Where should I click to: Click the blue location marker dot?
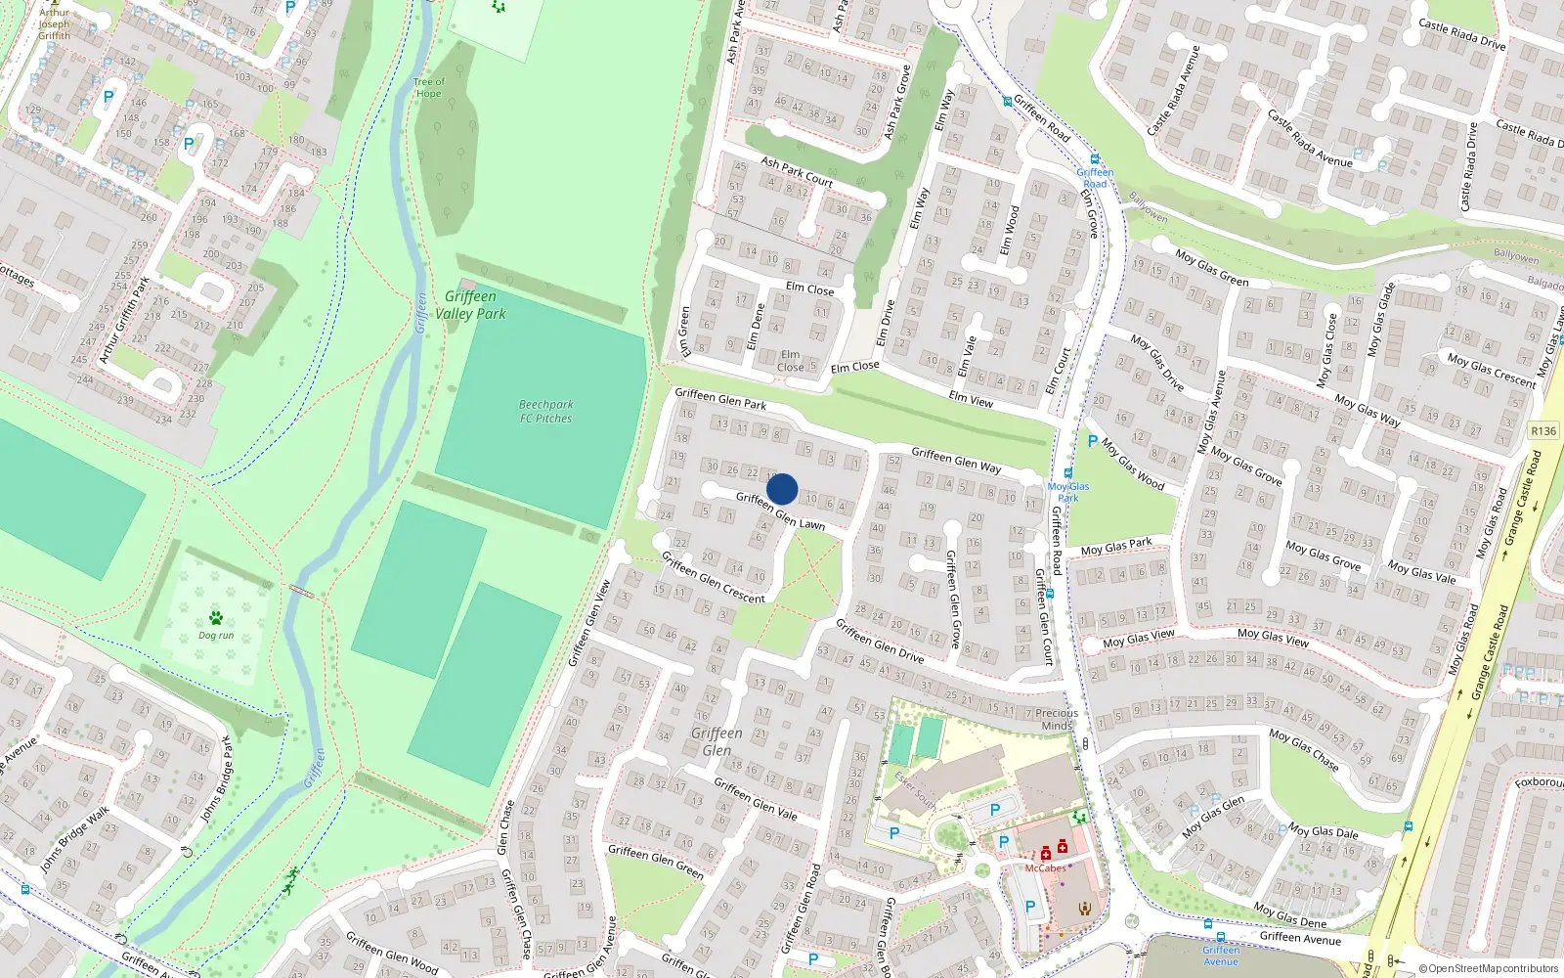coord(782,489)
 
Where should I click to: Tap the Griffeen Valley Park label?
coord(471,305)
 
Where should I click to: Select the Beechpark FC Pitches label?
coord(546,412)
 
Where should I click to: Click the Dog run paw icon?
coord(216,618)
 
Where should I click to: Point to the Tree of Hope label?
coord(428,88)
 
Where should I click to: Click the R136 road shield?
coord(1543,431)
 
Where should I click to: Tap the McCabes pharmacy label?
coord(1045,868)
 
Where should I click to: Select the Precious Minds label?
coord(1057,720)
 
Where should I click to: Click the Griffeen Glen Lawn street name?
coord(780,511)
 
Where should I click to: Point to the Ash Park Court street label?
coord(797,172)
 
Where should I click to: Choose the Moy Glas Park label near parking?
coord(1067,492)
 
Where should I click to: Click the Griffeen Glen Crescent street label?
coord(713,577)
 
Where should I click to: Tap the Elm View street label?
coord(971,399)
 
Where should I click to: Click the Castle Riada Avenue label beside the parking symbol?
coord(1310,138)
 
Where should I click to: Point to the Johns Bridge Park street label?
coord(217,778)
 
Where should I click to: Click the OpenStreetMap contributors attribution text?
coord(1489,969)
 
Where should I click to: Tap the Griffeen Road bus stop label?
coord(1095,178)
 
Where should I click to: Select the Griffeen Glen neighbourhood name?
coord(717,741)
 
